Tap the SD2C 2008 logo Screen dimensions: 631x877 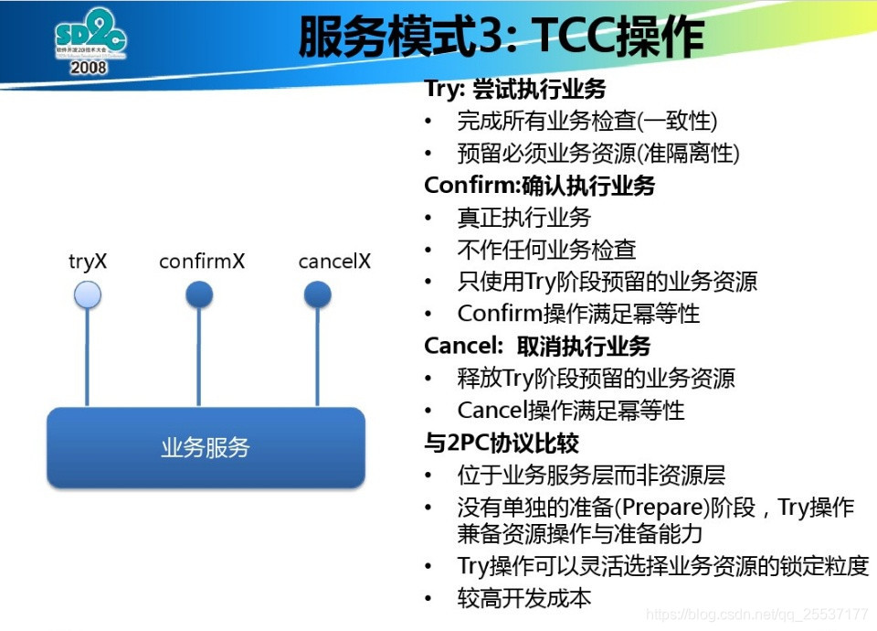(x=89, y=41)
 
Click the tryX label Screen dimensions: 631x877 (x=88, y=261)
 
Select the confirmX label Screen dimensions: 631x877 (x=201, y=261)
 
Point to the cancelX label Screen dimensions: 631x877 (x=334, y=261)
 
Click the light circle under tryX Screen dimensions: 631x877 (x=88, y=294)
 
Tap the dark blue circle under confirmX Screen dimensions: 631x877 (x=199, y=294)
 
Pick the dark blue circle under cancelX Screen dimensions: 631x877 (x=317, y=294)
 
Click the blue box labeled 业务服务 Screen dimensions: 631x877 (x=206, y=447)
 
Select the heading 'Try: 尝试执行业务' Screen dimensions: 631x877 (x=515, y=89)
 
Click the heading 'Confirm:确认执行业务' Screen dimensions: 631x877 (x=539, y=186)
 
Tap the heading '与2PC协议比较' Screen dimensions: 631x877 (x=502, y=444)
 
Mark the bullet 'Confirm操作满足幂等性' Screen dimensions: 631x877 (x=578, y=314)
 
